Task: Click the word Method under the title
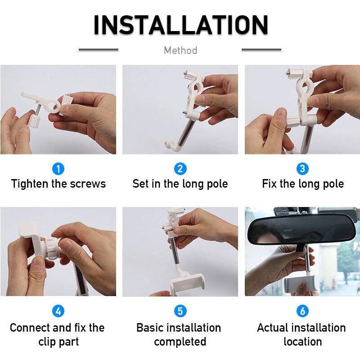(x=180, y=50)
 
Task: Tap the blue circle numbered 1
(x=58, y=169)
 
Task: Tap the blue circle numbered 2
(x=180, y=169)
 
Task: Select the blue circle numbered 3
(x=302, y=169)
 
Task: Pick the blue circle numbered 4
(x=58, y=311)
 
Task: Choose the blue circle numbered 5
(x=180, y=311)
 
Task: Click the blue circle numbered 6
(x=302, y=311)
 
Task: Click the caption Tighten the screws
(x=58, y=184)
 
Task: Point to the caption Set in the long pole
(x=180, y=184)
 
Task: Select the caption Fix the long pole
(x=303, y=184)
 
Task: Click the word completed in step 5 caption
(x=180, y=342)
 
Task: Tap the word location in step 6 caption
(x=302, y=342)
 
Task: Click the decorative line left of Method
(x=98, y=50)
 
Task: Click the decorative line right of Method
(x=261, y=50)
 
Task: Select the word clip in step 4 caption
(x=47, y=342)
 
